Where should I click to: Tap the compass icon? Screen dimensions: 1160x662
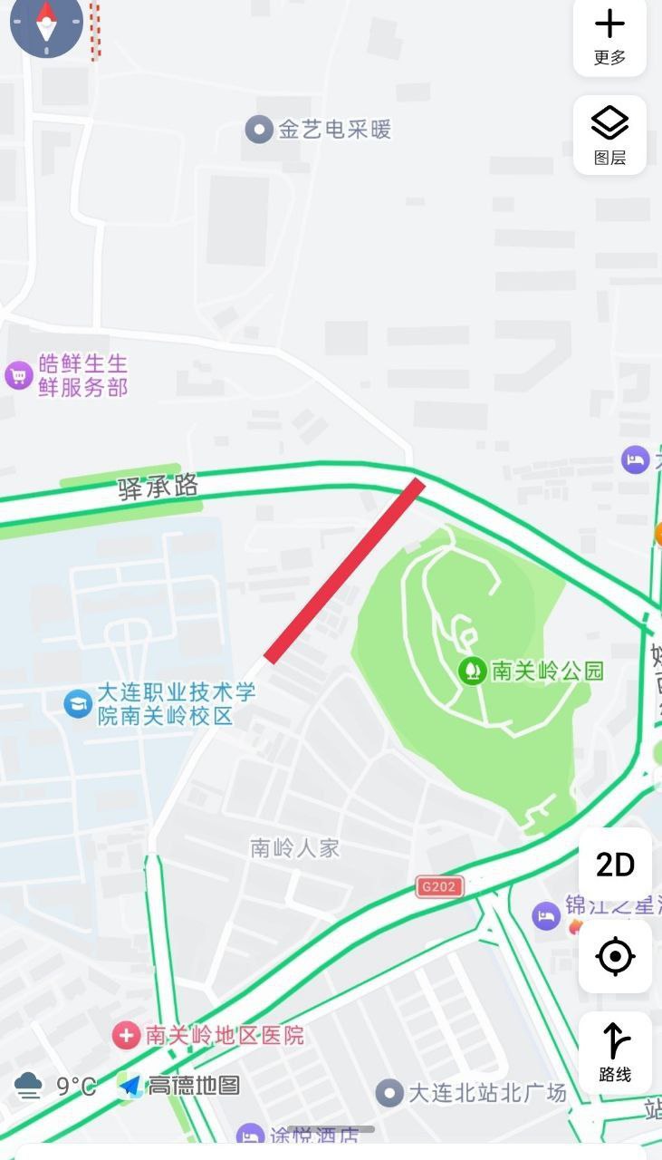(46, 24)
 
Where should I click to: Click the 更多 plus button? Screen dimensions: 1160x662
(609, 36)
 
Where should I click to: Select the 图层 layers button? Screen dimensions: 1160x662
(609, 134)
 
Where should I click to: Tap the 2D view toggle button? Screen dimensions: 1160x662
(615, 865)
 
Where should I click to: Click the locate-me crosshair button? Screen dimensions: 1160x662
(615, 956)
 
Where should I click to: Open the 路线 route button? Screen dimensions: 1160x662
(615, 1051)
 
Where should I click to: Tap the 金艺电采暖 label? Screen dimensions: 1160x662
(334, 130)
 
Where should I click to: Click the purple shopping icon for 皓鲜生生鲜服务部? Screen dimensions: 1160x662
(19, 375)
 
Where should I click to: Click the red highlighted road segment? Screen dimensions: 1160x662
(344, 569)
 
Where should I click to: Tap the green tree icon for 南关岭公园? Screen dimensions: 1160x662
(472, 671)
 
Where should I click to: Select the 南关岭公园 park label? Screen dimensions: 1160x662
(547, 671)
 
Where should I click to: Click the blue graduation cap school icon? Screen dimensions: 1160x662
(78, 703)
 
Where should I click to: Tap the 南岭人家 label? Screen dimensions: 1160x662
(295, 847)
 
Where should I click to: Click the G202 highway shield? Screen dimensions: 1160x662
(440, 886)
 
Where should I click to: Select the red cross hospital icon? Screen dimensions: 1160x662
(126, 1035)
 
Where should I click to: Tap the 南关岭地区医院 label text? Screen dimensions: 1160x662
(225, 1035)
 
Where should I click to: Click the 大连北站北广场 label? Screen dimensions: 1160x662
(487, 1092)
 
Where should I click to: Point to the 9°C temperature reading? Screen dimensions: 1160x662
(76, 1086)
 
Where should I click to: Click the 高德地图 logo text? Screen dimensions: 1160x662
(193, 1086)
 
